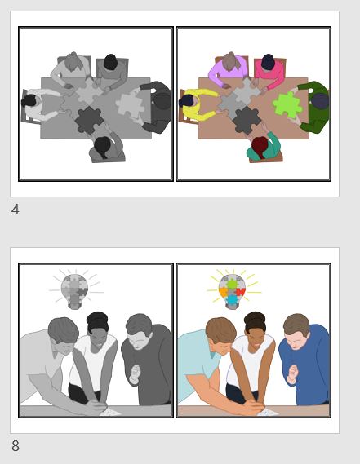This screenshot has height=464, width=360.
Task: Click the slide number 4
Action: (16, 210)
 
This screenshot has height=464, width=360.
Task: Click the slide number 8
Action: (16, 446)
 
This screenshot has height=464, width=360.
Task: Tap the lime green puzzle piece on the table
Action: (287, 104)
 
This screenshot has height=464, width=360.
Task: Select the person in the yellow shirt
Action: (200, 103)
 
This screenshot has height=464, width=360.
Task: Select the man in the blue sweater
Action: (304, 359)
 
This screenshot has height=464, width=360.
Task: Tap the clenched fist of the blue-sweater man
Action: (293, 373)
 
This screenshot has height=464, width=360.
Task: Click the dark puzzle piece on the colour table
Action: (246, 120)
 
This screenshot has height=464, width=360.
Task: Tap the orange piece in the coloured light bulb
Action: (224, 292)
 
